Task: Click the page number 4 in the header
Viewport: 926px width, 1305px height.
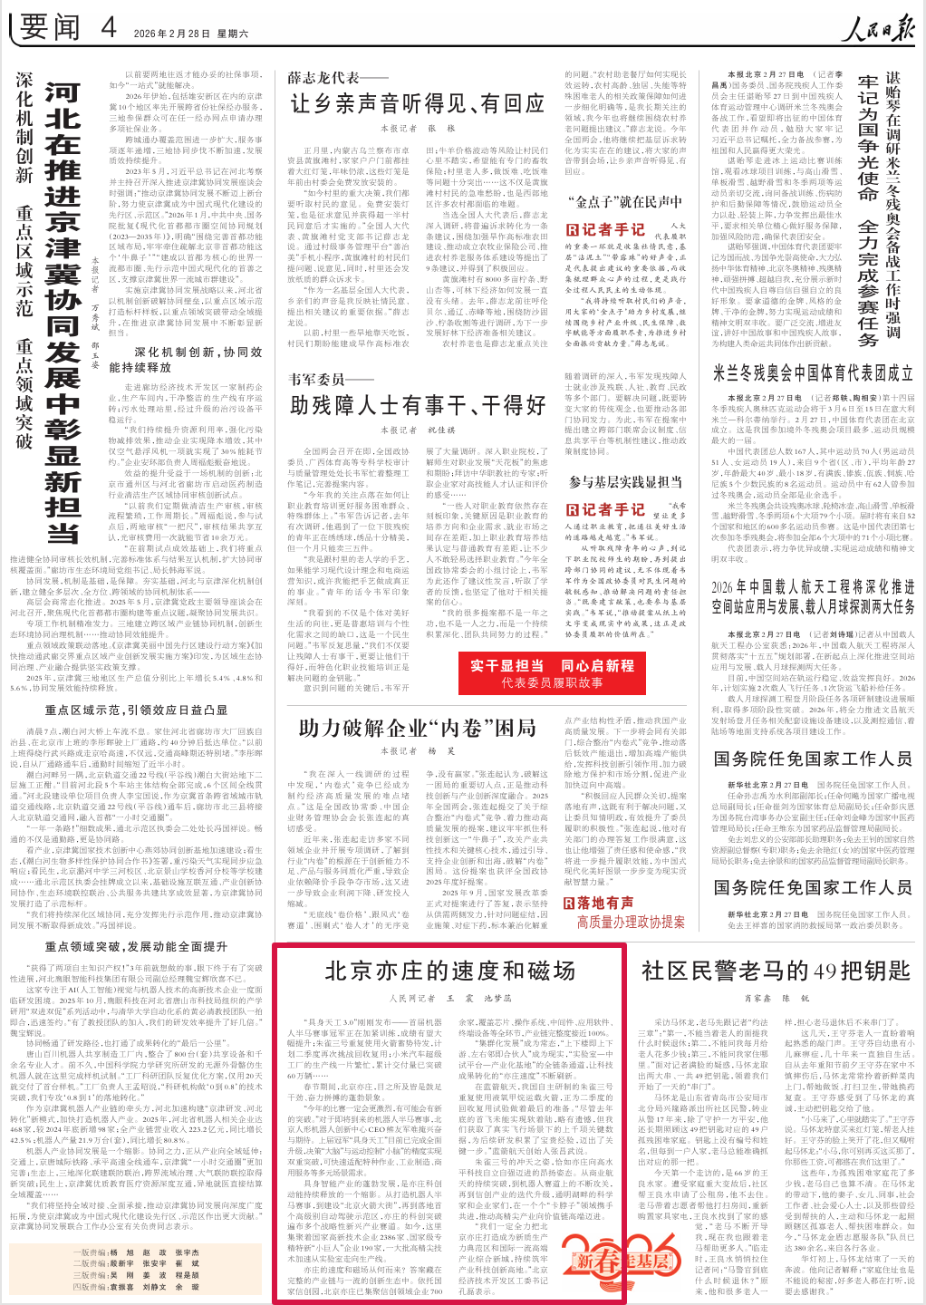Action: click(109, 28)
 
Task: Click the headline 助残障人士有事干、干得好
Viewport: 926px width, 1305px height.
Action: click(418, 405)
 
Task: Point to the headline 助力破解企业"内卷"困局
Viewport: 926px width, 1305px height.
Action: click(418, 728)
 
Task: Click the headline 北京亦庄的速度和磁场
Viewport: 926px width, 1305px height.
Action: click(450, 971)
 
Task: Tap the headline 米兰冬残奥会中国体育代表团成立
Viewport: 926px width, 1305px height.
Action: click(813, 372)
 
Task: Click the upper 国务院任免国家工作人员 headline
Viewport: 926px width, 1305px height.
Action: click(813, 759)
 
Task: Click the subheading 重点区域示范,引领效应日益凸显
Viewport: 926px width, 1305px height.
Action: click(136, 710)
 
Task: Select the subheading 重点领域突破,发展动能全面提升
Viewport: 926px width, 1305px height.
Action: click(136, 947)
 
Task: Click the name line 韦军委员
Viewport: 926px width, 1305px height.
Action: click(317, 379)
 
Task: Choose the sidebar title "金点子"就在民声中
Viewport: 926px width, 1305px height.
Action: click(625, 201)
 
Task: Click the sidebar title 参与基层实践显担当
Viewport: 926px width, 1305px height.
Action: click(625, 482)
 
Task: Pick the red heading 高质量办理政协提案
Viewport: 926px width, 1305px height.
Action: click(631, 923)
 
